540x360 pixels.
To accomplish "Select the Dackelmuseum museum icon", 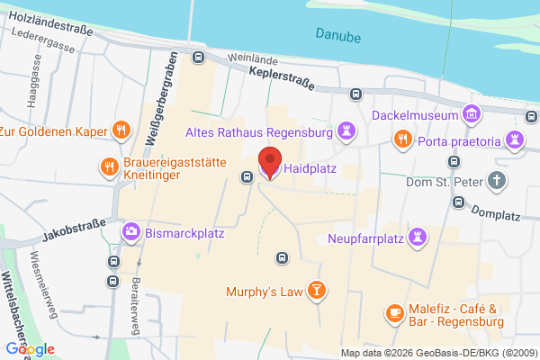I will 470,114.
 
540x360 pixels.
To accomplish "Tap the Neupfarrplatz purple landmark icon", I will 418,236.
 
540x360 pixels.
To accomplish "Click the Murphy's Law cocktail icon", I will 316,290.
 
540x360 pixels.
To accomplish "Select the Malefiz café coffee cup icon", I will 393,312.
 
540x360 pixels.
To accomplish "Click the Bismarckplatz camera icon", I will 132,231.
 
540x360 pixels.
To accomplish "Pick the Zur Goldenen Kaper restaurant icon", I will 120,130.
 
